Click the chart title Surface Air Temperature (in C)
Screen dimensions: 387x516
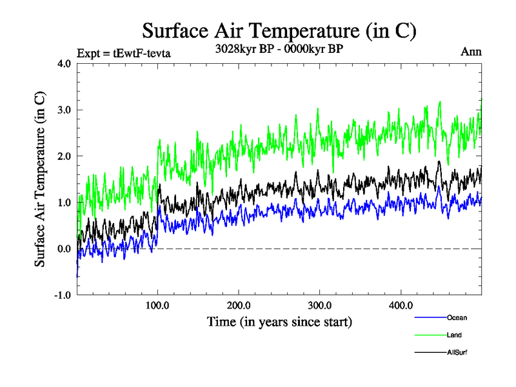279,30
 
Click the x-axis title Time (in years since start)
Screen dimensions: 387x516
279,321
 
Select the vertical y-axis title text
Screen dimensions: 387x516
40,179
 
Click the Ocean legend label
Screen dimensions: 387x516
456,317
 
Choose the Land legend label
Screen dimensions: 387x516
454,335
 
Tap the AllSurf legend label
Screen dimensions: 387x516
457,352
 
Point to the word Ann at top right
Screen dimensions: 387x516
471,52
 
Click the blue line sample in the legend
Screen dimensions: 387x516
430,317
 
